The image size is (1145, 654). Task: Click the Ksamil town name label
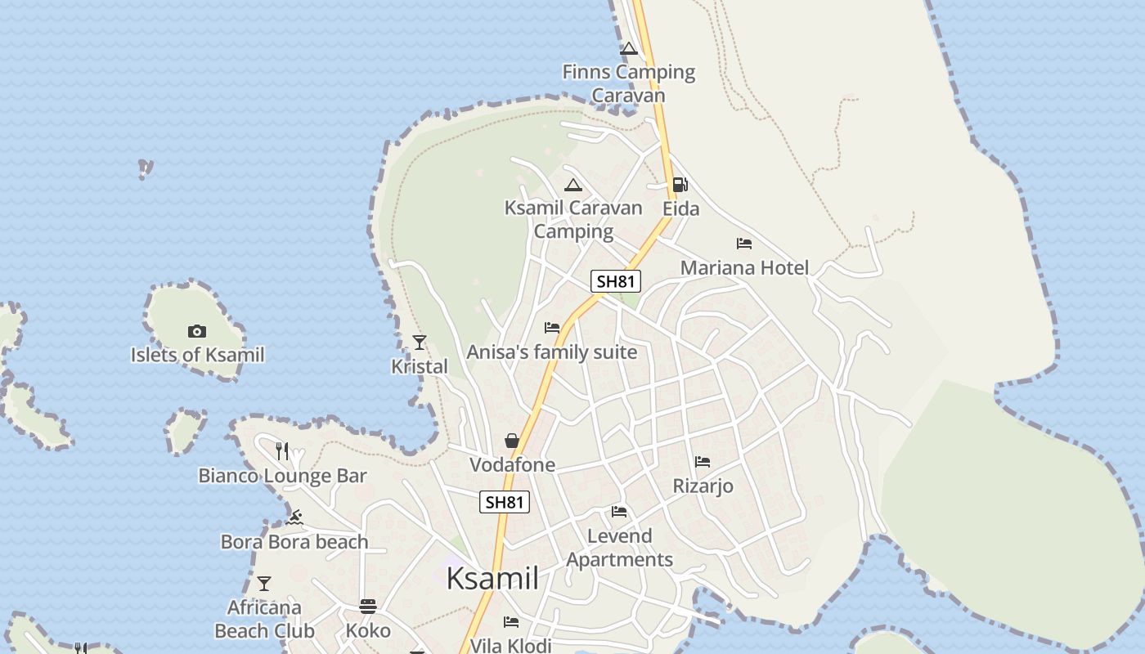click(x=492, y=579)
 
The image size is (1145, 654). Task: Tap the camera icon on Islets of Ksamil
click(x=196, y=331)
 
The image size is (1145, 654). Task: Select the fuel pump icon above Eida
click(x=680, y=185)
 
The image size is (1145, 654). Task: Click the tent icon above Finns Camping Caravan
click(x=628, y=48)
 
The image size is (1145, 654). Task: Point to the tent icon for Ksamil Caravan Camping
click(x=572, y=185)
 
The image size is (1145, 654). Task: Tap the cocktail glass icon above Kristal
click(x=419, y=342)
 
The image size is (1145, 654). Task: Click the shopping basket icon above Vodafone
click(x=512, y=441)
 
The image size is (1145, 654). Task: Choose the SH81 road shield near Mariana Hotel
click(x=616, y=282)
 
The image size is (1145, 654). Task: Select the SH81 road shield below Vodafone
click(x=504, y=502)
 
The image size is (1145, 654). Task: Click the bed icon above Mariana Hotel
click(x=743, y=244)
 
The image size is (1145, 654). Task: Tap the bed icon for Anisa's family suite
click(x=552, y=328)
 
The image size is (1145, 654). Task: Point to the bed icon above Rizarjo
click(x=702, y=462)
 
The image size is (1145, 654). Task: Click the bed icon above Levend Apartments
click(x=619, y=512)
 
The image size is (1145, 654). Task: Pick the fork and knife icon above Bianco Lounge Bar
click(x=282, y=450)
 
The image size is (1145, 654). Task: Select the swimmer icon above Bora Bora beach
click(x=294, y=517)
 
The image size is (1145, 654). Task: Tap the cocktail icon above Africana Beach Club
click(x=263, y=584)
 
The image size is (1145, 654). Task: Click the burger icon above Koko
click(x=368, y=607)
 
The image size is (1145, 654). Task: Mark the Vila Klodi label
click(x=510, y=645)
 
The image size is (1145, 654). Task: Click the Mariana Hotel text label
click(x=744, y=268)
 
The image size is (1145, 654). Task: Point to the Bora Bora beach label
click(x=294, y=542)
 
